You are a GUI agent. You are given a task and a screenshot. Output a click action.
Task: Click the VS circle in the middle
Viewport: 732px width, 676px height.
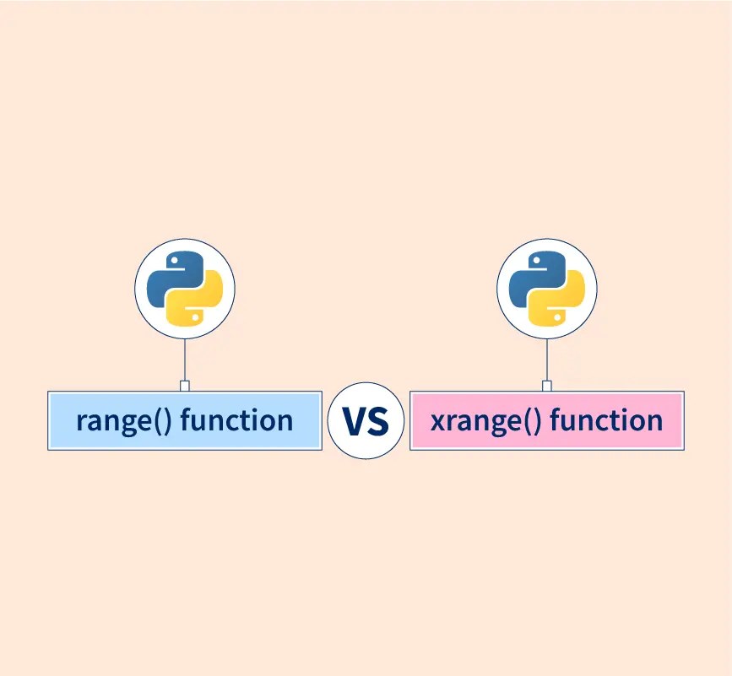366,420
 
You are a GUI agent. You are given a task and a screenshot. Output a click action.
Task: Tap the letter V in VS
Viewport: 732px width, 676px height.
355,421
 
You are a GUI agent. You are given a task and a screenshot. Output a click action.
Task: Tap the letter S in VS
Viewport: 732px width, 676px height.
378,421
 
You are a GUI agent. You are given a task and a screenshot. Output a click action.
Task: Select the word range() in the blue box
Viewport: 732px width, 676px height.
123,420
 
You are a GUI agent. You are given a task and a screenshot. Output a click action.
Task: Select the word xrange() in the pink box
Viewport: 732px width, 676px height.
485,420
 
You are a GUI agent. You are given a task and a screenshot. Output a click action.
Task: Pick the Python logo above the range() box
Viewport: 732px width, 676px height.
185,289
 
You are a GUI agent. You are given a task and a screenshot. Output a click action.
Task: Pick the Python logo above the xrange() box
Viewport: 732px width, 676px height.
546,289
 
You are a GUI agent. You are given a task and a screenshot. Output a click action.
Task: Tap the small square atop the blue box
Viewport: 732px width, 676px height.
185,386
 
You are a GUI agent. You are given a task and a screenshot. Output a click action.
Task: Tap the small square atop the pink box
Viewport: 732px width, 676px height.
546,386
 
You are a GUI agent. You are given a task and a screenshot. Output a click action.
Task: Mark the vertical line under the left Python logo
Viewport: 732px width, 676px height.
185,360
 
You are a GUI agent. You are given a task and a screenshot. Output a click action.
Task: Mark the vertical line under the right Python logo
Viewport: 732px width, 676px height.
546,360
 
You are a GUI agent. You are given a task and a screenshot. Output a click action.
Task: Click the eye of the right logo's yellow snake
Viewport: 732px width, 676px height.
558,317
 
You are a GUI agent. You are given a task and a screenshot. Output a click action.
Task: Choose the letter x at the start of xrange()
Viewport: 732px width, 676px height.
437,421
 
